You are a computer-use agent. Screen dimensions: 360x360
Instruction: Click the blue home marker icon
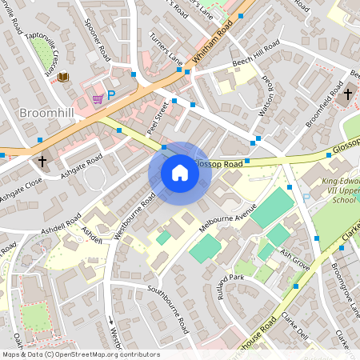(x=180, y=173)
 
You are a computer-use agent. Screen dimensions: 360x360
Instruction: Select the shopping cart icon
(x=98, y=98)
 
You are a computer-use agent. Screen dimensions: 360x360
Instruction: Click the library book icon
(x=63, y=77)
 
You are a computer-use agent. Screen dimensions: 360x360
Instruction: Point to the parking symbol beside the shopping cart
(x=112, y=95)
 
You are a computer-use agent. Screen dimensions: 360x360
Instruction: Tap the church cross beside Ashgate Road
(x=42, y=161)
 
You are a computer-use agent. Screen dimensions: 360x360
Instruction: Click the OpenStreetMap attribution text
(x=81, y=354)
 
